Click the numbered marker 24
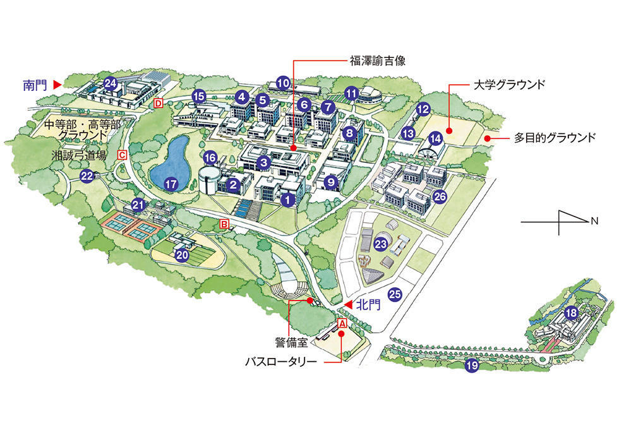point(111,83)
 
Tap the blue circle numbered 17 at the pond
point(170,184)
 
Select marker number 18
point(571,312)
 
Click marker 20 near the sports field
point(183,255)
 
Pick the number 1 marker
point(288,200)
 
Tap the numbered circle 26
point(440,196)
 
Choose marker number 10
point(284,82)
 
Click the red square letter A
point(343,323)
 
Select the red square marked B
point(224,224)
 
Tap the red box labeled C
point(123,154)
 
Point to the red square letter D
point(159,102)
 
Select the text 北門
point(368,305)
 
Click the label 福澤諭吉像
point(378,61)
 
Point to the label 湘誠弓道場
point(79,155)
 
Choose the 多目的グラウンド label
point(555,137)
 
